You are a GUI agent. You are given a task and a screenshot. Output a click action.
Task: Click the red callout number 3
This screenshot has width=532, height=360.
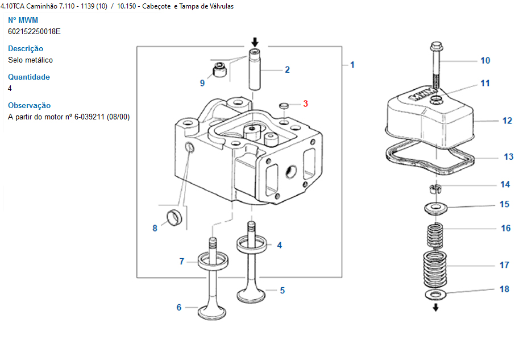pyautogui.click(x=305, y=104)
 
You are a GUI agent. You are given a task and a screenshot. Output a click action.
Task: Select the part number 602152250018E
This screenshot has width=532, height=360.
pyautogui.click(x=34, y=32)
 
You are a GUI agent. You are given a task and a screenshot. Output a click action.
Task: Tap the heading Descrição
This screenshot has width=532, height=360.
pyautogui.click(x=26, y=48)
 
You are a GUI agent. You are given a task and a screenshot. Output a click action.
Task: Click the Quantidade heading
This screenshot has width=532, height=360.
pyautogui.click(x=29, y=77)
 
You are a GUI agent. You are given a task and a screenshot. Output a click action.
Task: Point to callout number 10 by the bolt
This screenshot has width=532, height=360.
pyautogui.click(x=485, y=60)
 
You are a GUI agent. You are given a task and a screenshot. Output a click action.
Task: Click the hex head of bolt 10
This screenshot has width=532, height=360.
pyautogui.click(x=437, y=46)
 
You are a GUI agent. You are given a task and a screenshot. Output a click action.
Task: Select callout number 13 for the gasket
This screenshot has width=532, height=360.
pyautogui.click(x=508, y=156)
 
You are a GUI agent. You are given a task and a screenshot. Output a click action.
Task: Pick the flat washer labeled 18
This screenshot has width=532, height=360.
pyautogui.click(x=435, y=294)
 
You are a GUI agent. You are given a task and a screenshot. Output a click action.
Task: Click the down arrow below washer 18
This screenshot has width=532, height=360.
pyautogui.click(x=435, y=307)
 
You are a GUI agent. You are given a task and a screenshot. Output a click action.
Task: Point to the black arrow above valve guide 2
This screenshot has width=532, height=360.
pyautogui.click(x=255, y=42)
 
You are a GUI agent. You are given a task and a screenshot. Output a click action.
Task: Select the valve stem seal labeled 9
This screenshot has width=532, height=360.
pyautogui.click(x=219, y=69)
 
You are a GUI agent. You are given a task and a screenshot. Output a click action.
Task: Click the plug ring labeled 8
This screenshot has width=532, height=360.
pyautogui.click(x=174, y=218)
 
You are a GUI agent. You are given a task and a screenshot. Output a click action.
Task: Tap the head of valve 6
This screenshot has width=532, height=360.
pyautogui.click(x=212, y=312)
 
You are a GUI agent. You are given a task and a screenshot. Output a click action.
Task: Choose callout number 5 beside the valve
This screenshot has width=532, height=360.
pyautogui.click(x=282, y=291)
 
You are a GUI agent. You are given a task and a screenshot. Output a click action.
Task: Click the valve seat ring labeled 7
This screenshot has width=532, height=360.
pyautogui.click(x=213, y=260)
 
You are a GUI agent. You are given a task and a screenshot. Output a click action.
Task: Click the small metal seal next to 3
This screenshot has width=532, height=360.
pyautogui.click(x=284, y=106)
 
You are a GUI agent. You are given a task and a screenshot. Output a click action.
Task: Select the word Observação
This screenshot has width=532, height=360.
pyautogui.click(x=29, y=106)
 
